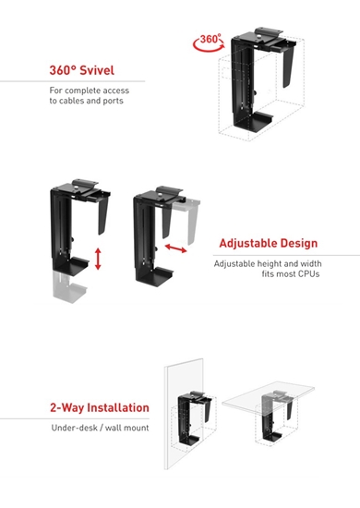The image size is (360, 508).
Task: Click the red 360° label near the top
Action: pos(211,40)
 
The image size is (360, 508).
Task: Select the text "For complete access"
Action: pos(90,91)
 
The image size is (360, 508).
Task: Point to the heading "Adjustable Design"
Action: pos(268,244)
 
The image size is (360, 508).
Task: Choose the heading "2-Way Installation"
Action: pos(100,407)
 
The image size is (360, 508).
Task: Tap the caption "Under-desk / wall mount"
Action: pos(100,428)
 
